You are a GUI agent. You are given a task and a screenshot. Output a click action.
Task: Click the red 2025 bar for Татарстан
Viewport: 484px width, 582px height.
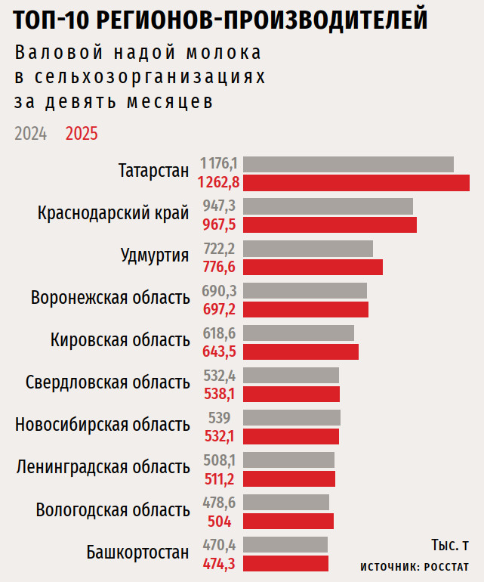pos(356,182)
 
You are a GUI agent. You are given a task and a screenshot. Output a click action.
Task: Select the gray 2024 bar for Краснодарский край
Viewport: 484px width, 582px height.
pos(328,206)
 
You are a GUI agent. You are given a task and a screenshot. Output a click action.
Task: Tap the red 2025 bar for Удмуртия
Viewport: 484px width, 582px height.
pos(313,267)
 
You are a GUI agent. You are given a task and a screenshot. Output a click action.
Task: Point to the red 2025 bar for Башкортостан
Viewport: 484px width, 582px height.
pos(286,563)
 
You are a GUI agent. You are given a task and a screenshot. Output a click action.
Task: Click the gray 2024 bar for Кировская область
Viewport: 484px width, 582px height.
pos(299,333)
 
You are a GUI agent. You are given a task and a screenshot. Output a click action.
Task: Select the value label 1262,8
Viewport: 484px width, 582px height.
pos(218,182)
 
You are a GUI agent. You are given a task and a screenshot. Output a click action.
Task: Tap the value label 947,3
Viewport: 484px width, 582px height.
pos(220,206)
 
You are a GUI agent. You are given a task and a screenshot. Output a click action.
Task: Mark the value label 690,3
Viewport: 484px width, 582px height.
pos(220,291)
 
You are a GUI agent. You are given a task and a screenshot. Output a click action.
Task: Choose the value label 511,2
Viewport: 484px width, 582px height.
pos(220,478)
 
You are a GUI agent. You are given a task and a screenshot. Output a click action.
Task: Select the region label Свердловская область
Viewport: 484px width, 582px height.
pos(107,382)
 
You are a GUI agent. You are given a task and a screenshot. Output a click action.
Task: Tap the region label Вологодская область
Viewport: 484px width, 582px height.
pos(113,510)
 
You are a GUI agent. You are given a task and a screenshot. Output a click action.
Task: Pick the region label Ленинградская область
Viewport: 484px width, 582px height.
pos(103,468)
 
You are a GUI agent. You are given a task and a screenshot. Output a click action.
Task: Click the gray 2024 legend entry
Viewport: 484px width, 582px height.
pos(30,134)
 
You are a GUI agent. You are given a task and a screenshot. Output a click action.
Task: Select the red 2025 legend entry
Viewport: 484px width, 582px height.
pos(82,134)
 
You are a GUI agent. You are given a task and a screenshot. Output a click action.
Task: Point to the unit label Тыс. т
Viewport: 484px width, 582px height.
pos(450,545)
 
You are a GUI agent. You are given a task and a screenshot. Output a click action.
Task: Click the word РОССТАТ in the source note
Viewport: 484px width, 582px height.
pos(446,567)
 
